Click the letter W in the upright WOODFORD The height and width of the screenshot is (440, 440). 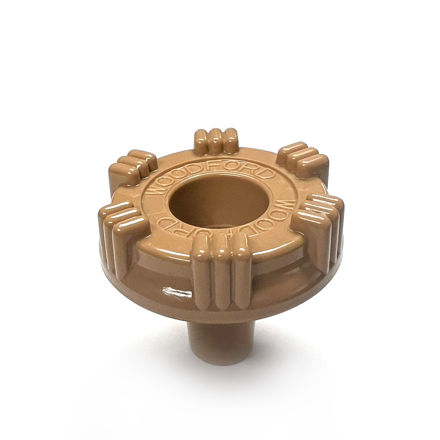155,189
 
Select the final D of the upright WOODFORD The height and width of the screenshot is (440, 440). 270,176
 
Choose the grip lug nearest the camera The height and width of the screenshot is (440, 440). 220,274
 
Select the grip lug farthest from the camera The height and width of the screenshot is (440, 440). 216,141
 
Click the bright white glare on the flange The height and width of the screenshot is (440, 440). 177,292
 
